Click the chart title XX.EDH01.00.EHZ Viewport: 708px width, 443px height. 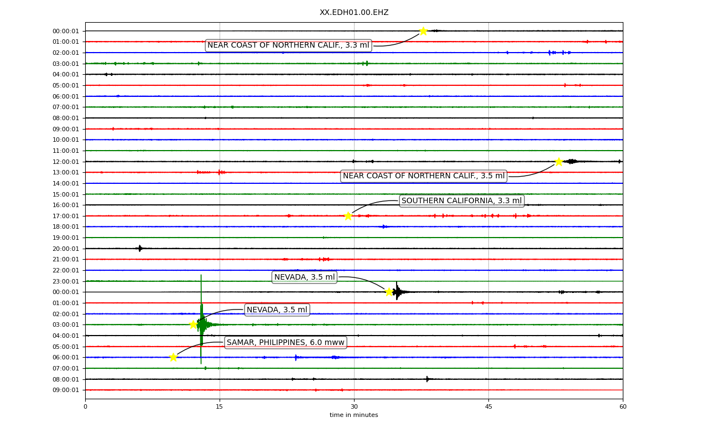(x=354, y=12)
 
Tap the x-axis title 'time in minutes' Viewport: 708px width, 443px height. (x=353, y=415)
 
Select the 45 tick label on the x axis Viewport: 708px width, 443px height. (x=488, y=406)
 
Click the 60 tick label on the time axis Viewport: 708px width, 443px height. (x=623, y=406)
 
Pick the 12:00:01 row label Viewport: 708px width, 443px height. (x=66, y=162)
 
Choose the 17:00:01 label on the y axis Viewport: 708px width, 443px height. (x=66, y=216)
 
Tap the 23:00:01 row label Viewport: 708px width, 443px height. (x=66, y=281)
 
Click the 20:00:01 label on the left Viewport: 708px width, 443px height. (x=66, y=249)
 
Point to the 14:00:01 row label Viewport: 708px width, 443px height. (x=66, y=183)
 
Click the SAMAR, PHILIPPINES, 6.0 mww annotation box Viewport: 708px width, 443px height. (x=285, y=342)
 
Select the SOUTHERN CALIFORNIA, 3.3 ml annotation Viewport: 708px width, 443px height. (x=461, y=200)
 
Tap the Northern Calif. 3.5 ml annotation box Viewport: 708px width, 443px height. (x=424, y=176)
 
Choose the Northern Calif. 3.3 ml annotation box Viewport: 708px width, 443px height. (x=288, y=45)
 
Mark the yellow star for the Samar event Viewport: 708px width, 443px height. (x=173, y=357)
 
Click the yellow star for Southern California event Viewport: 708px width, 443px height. (x=348, y=216)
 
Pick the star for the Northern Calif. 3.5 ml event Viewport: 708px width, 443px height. (x=559, y=162)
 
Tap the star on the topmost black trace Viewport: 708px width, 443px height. (x=423, y=31)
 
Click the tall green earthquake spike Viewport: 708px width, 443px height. (x=201, y=320)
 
